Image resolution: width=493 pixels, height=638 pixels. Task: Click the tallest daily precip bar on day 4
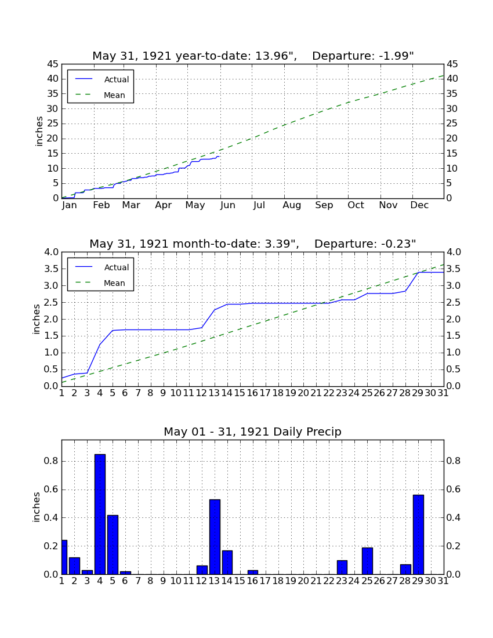click(x=100, y=514)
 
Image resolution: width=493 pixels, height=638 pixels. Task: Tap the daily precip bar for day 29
click(x=418, y=535)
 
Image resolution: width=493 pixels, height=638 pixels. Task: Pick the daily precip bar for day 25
click(x=367, y=561)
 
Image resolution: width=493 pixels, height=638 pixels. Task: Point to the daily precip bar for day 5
click(x=113, y=545)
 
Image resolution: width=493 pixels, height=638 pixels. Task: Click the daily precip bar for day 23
click(x=342, y=567)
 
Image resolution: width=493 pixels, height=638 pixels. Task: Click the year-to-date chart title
click(x=253, y=56)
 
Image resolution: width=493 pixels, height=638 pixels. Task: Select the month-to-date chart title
click(x=253, y=244)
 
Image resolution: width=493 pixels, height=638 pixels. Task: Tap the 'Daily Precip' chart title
click(x=253, y=432)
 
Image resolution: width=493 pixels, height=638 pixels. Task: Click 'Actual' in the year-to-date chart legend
click(x=117, y=79)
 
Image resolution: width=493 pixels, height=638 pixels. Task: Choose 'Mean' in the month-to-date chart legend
click(x=114, y=283)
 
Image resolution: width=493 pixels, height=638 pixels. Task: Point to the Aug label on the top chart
click(x=292, y=205)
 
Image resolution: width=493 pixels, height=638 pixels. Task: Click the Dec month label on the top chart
click(x=419, y=205)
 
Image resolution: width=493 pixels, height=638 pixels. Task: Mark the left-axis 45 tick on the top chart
click(x=53, y=64)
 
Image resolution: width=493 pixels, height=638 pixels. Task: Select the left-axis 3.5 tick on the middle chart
click(x=51, y=269)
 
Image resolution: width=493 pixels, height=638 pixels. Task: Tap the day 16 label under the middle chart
click(x=253, y=393)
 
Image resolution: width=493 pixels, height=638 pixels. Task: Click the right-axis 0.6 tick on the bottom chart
click(x=454, y=489)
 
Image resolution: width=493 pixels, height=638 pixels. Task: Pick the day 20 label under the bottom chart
click(x=303, y=581)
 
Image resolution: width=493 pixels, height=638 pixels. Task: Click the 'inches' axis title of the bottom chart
click(x=37, y=507)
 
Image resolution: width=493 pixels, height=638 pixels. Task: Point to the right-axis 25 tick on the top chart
click(x=452, y=124)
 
